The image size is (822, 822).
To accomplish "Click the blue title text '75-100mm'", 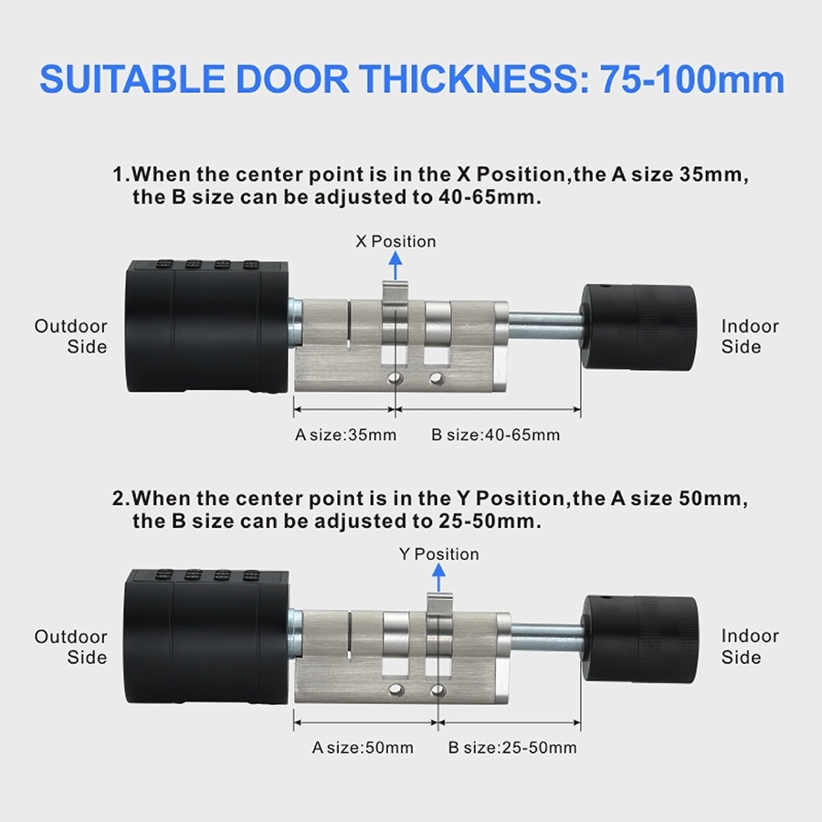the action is coord(692,79).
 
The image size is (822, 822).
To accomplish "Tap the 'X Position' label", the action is coord(395,241).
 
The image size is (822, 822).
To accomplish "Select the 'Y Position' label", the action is coord(438,554).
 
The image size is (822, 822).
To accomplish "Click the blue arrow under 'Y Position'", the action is coord(438,578).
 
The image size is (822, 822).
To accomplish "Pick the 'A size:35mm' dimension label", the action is coord(345,435).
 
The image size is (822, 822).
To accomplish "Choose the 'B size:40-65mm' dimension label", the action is coord(495,435).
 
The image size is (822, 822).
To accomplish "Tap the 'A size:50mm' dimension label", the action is coord(363,747).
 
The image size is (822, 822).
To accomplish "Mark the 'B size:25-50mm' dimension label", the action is coord(512,747).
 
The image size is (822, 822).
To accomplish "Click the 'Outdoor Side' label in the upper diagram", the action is coord(71,336).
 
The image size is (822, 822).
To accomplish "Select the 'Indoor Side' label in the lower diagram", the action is coord(750,646).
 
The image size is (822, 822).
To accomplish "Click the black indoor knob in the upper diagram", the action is coord(638,328).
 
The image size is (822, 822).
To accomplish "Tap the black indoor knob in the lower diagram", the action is coord(639,638).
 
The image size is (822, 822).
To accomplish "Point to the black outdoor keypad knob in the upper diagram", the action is coord(207,326).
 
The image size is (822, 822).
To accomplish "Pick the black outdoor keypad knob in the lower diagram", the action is coord(206,636).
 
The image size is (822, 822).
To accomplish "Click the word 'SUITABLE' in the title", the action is coord(132,79).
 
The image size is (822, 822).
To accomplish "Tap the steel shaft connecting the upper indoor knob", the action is coord(545,325).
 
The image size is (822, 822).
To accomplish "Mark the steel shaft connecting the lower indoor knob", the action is coord(547,637).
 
